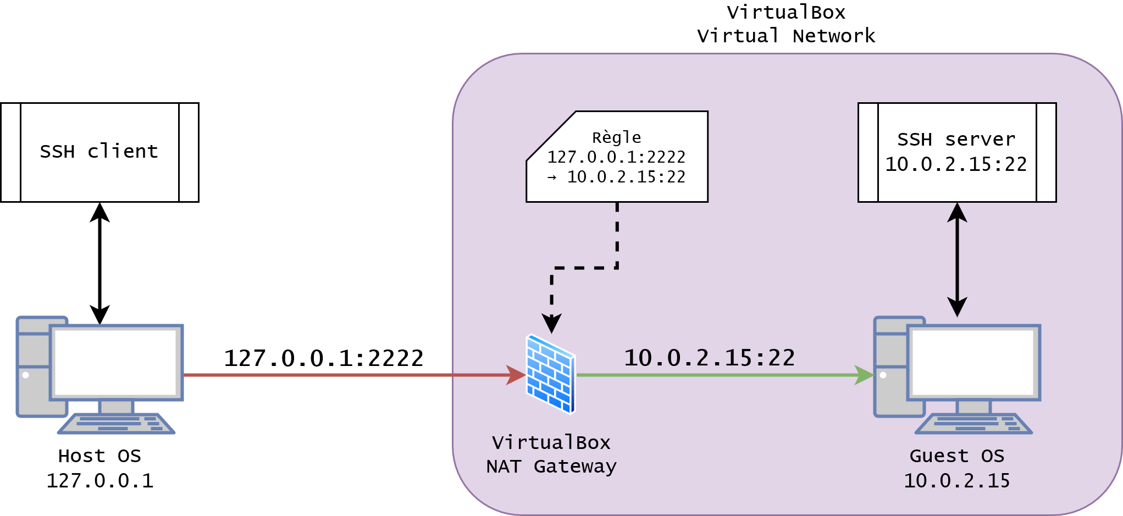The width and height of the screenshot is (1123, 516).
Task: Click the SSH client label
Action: coord(99,151)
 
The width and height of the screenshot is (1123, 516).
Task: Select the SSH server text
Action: coord(956,140)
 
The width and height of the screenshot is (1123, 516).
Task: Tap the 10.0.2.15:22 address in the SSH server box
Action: coord(956,164)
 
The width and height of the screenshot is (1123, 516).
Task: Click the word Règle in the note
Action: coord(616,137)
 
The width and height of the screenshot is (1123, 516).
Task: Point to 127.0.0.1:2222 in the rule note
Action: coord(616,157)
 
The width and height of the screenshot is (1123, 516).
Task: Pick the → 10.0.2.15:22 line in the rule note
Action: coord(616,177)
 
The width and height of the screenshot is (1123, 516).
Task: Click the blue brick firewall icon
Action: coord(550,374)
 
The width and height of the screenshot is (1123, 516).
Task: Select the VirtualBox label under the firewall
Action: coord(551,442)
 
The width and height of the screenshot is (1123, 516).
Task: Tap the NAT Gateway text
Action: coord(551,467)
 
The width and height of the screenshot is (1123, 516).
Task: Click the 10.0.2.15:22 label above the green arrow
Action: coord(709,358)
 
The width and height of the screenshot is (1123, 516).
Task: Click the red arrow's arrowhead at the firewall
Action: coord(517,375)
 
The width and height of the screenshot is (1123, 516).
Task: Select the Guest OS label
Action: coord(956,456)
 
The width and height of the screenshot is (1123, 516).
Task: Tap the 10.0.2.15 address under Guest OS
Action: coord(956,481)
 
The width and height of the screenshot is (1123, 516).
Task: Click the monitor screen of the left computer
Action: coord(116,362)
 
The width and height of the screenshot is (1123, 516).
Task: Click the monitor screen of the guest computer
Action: coord(973,362)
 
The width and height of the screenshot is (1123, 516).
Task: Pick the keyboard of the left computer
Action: coord(117,424)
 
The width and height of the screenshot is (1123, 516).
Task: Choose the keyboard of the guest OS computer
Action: coord(974,424)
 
